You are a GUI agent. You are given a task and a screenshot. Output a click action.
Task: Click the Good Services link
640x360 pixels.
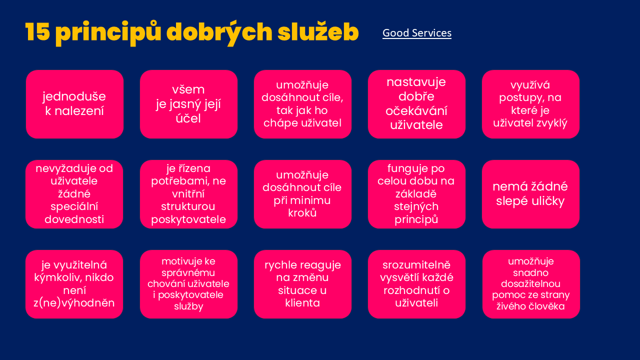pyautogui.click(x=417, y=33)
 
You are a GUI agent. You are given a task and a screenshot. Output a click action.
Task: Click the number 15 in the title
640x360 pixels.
pyautogui.click(x=37, y=31)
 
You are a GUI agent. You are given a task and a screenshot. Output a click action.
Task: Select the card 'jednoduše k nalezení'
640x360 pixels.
pyautogui.click(x=74, y=104)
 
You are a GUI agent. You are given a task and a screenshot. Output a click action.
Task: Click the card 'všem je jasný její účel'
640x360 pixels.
pyautogui.click(x=188, y=104)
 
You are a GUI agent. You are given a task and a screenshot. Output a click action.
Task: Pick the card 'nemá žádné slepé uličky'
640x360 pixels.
pyautogui.click(x=530, y=194)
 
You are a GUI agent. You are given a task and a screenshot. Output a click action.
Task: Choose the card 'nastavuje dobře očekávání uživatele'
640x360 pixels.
pyautogui.click(x=416, y=104)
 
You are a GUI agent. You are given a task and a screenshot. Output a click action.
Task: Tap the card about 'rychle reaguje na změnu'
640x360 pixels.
pyautogui.click(x=302, y=284)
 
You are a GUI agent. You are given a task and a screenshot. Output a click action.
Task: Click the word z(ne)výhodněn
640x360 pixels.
pyautogui.click(x=74, y=303)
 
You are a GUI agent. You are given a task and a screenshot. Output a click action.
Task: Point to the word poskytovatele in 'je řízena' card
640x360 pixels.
pyautogui.click(x=188, y=219)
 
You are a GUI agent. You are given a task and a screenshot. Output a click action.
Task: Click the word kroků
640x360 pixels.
pyautogui.click(x=302, y=213)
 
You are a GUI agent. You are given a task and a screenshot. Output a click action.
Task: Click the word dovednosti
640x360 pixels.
pyautogui.click(x=74, y=219)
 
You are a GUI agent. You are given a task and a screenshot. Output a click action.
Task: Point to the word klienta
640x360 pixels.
pyautogui.click(x=302, y=303)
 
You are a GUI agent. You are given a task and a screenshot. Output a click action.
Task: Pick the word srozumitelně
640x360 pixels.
pyautogui.click(x=416, y=265)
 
